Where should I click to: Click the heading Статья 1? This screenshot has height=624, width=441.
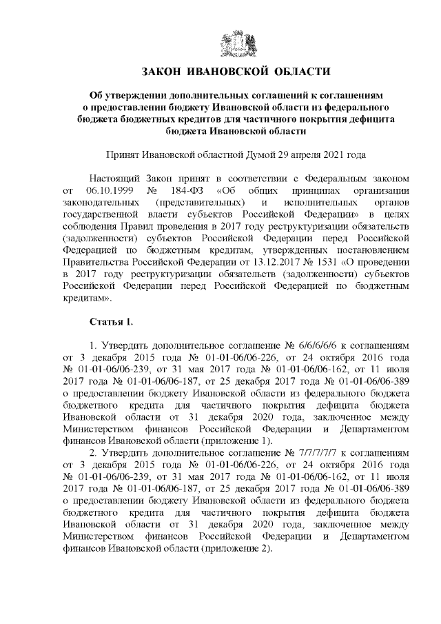click(x=111, y=322)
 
